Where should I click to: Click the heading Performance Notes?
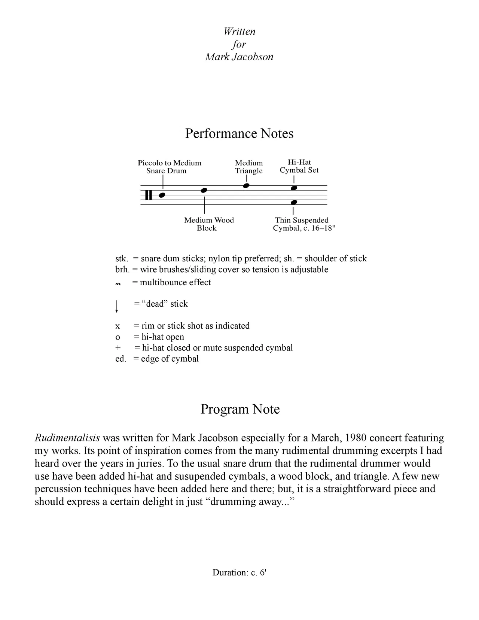point(239,134)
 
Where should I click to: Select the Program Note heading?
point(240,409)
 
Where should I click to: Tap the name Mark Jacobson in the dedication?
point(239,57)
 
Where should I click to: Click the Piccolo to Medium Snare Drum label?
point(169,167)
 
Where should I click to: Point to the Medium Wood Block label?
point(208,224)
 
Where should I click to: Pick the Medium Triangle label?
point(249,167)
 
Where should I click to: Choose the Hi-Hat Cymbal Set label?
point(299,166)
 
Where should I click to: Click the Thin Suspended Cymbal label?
point(302,224)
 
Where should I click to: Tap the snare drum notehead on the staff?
point(162,195)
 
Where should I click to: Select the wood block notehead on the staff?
point(204,191)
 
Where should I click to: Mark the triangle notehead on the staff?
point(246,186)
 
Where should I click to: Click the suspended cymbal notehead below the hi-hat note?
point(294,202)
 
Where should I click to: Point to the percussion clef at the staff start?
point(149,195)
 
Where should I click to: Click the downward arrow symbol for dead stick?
point(117,306)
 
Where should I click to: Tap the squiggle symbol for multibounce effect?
point(118,284)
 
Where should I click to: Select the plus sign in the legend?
point(118,348)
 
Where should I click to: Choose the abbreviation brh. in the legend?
point(122,270)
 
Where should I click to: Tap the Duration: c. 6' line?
point(239,572)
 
